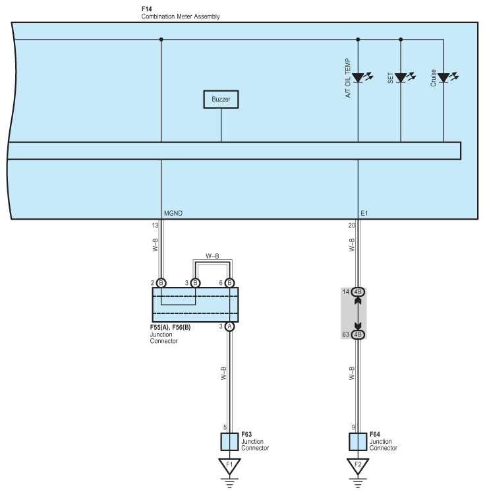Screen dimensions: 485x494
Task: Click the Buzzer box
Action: tap(221, 99)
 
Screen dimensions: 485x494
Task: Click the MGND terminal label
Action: tap(173, 213)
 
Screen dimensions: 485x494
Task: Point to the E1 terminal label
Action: tap(364, 213)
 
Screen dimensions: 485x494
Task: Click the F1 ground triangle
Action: tap(229, 466)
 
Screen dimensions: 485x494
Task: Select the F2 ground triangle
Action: tap(358, 466)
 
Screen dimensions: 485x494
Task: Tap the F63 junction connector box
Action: tap(229, 442)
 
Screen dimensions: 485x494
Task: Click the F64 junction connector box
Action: tap(358, 442)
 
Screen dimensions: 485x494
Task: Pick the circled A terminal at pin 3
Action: tap(230, 326)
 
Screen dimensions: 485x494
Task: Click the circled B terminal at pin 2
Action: tap(161, 283)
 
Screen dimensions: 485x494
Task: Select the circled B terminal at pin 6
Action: tap(230, 283)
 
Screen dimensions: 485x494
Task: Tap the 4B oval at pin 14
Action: tap(358, 292)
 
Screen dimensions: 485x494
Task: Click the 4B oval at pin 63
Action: tap(358, 334)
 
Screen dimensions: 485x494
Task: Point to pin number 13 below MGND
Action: tap(155, 226)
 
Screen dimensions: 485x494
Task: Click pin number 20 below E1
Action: tap(351, 226)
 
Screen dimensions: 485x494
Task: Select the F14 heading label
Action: tap(147, 9)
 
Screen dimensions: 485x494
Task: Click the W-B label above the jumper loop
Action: tap(212, 256)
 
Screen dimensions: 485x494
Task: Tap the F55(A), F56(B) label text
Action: tap(170, 327)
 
